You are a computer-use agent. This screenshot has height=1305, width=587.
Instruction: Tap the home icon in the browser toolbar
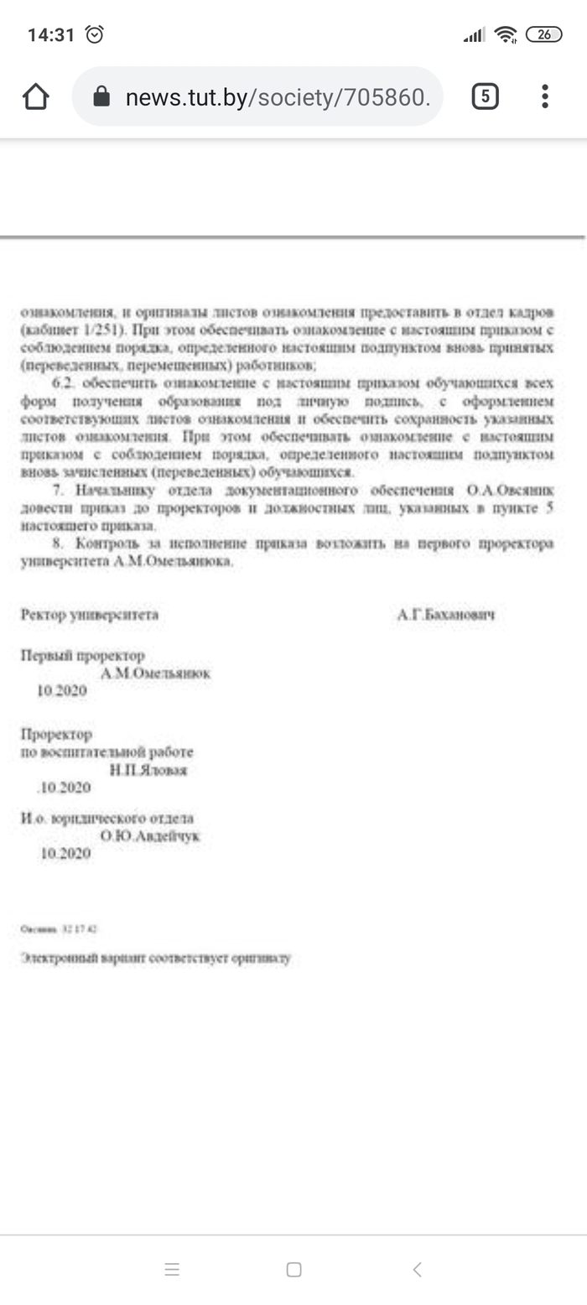(x=36, y=97)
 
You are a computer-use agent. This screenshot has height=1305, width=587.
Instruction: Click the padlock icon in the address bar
(x=101, y=97)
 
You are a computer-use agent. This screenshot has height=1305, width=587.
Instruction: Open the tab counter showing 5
(x=485, y=97)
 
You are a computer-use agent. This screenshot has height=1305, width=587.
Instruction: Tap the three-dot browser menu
(x=545, y=97)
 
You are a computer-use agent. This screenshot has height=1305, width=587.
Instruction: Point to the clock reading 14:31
(x=51, y=34)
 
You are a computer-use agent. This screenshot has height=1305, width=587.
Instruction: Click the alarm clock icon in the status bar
(x=95, y=34)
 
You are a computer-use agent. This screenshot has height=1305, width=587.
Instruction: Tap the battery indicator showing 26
(x=543, y=34)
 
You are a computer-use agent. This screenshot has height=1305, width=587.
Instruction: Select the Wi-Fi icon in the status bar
(x=506, y=34)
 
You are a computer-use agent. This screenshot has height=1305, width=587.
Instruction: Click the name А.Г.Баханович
(x=446, y=615)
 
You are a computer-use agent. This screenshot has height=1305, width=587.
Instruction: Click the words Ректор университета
(x=90, y=615)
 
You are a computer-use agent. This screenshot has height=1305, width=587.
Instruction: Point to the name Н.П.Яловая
(x=148, y=770)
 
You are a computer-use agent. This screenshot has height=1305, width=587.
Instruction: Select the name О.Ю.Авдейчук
(x=150, y=835)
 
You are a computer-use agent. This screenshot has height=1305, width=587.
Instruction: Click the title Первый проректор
(x=82, y=655)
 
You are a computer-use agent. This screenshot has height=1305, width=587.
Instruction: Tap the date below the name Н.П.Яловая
(x=65, y=788)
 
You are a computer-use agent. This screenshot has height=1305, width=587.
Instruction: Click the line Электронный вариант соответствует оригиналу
(x=156, y=958)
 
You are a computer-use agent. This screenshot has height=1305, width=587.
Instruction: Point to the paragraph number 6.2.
(x=64, y=382)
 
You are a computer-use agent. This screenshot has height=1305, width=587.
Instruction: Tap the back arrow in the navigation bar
(x=417, y=1269)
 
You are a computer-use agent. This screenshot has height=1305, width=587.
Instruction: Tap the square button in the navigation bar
(x=293, y=1269)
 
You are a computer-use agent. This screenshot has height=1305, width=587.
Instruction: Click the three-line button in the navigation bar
(x=172, y=1269)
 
